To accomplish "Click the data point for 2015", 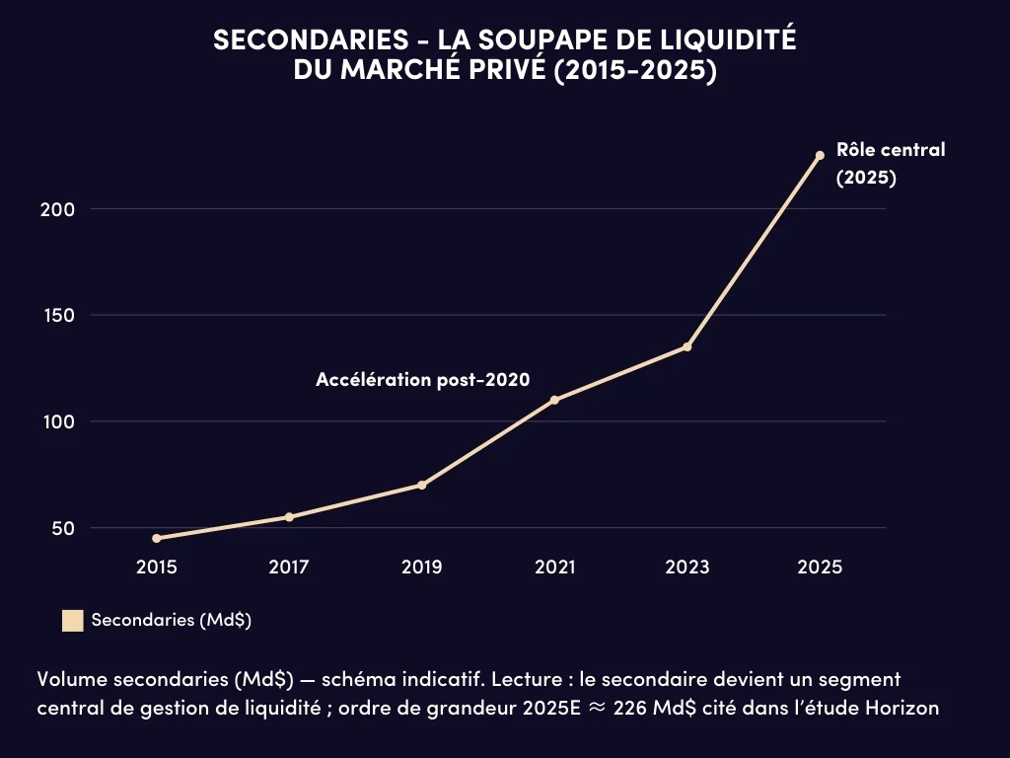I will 157,538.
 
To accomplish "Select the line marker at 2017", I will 289,517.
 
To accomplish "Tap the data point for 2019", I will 421,485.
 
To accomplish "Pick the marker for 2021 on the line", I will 554,400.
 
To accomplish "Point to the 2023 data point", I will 686,346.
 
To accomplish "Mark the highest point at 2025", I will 820,155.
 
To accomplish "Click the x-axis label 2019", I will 421,568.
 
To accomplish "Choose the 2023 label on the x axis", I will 686,568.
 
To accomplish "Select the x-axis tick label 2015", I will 157,568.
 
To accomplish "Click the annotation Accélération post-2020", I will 423,380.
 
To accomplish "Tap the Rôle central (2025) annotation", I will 876,164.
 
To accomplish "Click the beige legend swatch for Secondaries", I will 72,621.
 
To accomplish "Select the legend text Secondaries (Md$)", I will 171,621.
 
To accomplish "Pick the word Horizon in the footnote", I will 904,708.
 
